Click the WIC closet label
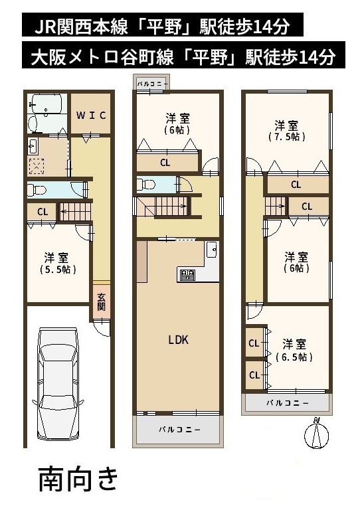click(92, 115)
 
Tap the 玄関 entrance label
click(102, 302)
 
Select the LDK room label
click(178, 340)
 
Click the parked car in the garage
click(58, 384)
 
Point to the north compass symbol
click(316, 433)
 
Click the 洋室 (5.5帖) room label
click(57, 264)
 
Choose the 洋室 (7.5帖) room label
click(286, 131)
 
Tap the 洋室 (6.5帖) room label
click(294, 350)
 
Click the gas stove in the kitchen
click(187, 275)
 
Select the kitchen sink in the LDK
click(212, 250)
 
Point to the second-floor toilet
click(146, 185)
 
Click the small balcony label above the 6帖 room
click(152, 84)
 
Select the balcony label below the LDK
click(179, 430)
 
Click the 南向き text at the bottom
click(78, 479)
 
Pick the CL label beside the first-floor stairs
click(43, 212)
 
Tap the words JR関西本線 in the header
click(81, 27)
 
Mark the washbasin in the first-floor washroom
click(33, 147)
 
